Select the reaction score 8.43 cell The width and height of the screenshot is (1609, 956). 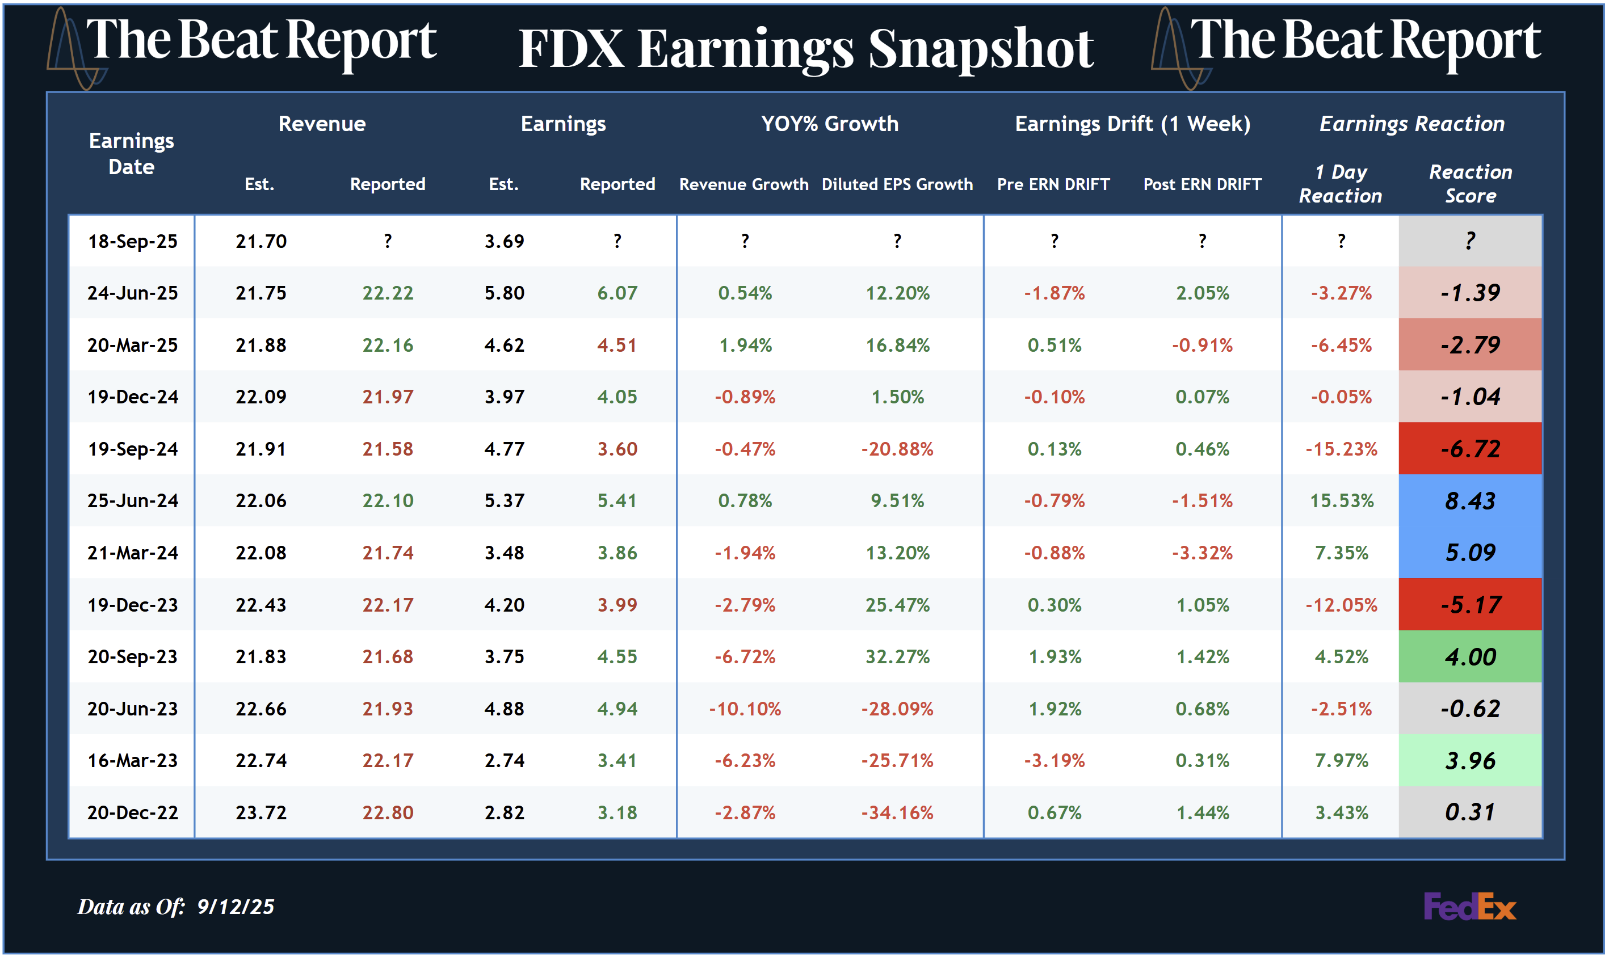click(1469, 500)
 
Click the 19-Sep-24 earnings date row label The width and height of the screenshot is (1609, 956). click(133, 448)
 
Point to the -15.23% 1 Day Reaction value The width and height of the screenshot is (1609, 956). click(1341, 448)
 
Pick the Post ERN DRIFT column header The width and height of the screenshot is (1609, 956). click(1202, 184)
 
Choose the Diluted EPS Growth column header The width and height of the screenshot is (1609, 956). click(897, 184)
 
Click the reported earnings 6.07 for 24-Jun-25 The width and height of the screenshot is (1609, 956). click(617, 293)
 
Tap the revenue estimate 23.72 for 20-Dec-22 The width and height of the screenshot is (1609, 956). click(261, 812)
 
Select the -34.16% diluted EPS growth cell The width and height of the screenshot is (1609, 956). click(897, 812)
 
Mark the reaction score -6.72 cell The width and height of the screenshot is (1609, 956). click(1469, 448)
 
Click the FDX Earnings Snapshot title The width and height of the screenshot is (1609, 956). click(805, 49)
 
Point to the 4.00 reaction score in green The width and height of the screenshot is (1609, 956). click(1469, 656)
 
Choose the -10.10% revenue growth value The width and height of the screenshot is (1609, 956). click(744, 709)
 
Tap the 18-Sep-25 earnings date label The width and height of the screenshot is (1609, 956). click(133, 242)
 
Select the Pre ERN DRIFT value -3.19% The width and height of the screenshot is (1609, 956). click(1054, 761)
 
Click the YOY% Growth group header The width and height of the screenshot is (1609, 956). click(829, 124)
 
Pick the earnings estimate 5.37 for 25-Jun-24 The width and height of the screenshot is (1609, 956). click(504, 500)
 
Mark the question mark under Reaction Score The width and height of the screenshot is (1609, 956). click(1469, 242)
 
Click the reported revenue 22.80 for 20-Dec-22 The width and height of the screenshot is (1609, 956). click(387, 812)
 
